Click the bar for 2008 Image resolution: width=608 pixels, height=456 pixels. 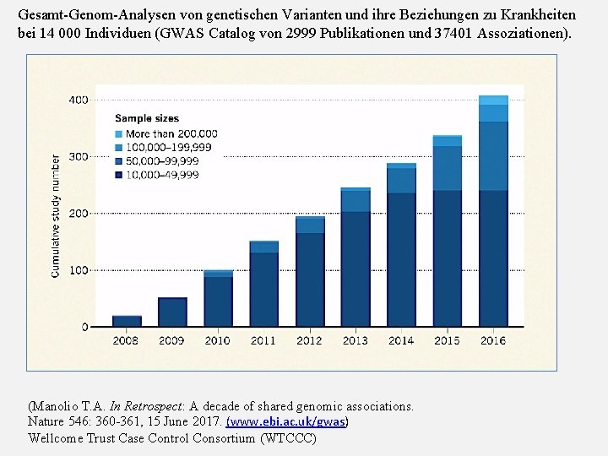pos(127,321)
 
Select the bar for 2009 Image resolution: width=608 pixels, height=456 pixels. pos(172,312)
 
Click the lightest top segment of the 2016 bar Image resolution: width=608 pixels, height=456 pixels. pos(493,100)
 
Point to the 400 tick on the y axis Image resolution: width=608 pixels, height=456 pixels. pos(78,100)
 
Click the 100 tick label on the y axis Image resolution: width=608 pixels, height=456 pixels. pos(78,270)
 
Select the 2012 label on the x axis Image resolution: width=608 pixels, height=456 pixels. pos(309,340)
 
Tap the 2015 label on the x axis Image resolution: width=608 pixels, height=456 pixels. pos(447,340)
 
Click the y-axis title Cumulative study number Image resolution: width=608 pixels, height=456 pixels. pos(56,215)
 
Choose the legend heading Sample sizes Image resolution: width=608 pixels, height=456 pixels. pos(145,118)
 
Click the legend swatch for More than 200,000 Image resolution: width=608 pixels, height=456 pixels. pos(119,133)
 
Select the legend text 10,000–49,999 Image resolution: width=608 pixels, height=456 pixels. pos(162,175)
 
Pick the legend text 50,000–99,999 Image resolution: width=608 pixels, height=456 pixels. pos(162,161)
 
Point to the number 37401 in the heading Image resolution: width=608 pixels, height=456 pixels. pos(457,34)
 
